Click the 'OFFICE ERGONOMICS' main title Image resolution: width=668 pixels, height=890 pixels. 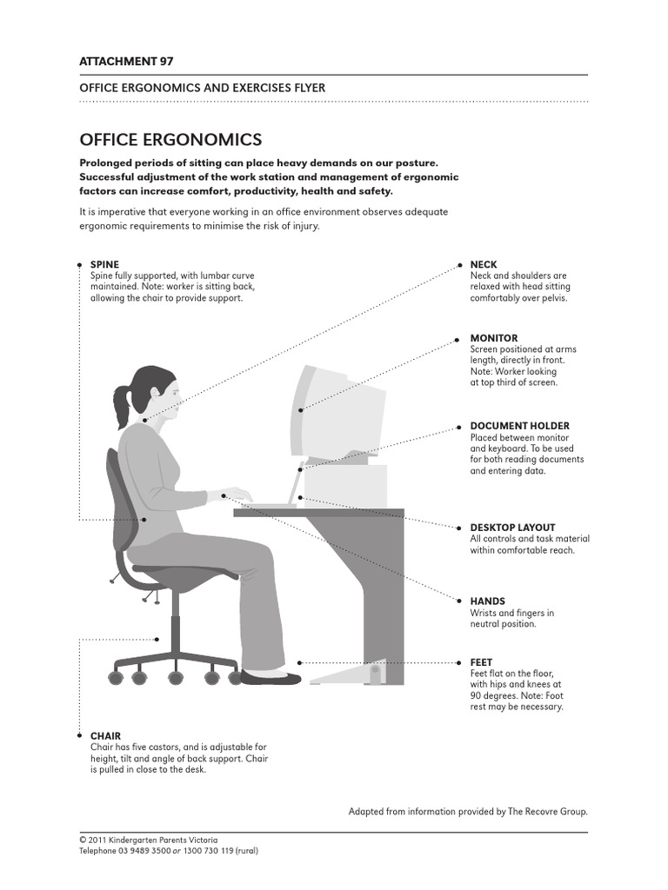[170, 139]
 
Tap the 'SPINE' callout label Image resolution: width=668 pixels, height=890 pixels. [104, 264]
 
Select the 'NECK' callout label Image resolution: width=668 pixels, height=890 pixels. [483, 264]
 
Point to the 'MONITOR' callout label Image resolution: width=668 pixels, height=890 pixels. [493, 338]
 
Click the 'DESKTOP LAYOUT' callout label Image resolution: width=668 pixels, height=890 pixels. [512, 528]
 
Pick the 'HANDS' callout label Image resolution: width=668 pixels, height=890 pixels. [487, 601]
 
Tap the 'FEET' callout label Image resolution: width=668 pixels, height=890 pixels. [481, 662]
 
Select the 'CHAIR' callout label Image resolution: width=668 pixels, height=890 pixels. [105, 736]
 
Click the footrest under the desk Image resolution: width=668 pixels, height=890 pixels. [348, 672]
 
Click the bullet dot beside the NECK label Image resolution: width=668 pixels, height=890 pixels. [458, 263]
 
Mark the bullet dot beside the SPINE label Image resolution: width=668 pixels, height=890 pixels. [80, 263]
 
